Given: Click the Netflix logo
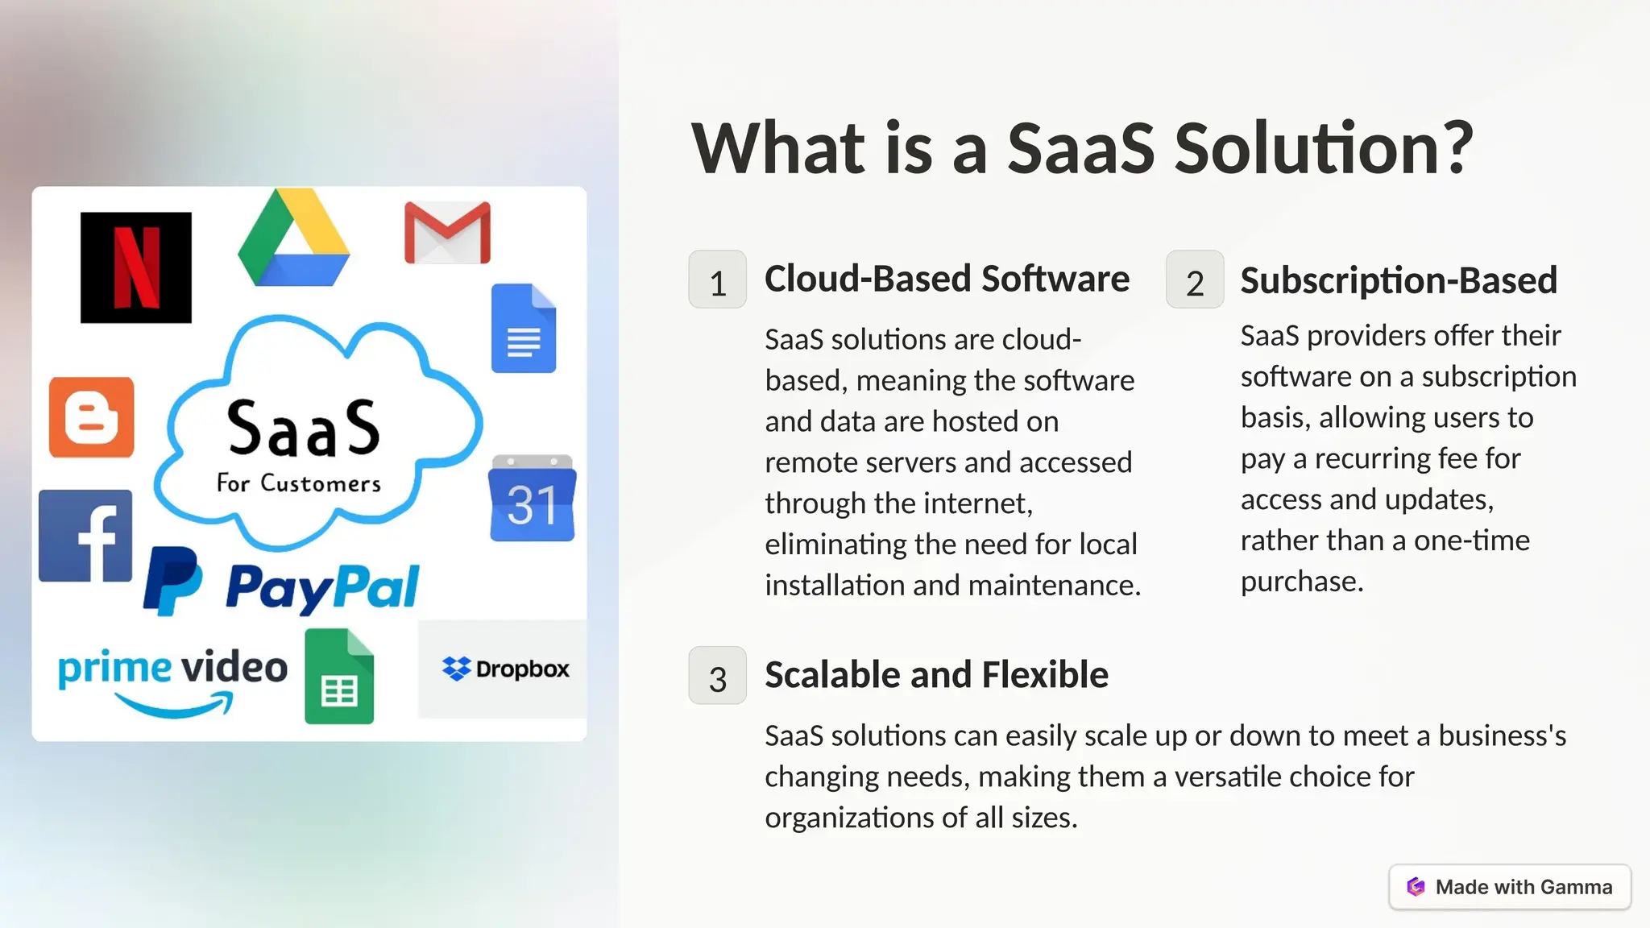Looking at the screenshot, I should point(136,267).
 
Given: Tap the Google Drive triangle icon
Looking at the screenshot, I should point(294,241).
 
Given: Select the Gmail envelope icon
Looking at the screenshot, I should point(447,233).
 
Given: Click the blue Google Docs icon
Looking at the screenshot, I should point(524,329).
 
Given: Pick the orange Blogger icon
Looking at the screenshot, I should point(91,417).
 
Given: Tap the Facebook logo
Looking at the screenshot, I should point(85,536).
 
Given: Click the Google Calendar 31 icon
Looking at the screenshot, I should point(532,499).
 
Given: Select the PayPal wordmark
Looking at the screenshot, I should point(322,586).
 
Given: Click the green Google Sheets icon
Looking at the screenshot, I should point(339,677).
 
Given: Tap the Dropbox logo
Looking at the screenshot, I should point(505,669).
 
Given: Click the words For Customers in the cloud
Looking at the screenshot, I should point(299,483).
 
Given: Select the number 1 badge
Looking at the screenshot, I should point(717,280).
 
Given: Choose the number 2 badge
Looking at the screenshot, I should point(1195,280).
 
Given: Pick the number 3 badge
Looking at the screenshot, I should point(717,676).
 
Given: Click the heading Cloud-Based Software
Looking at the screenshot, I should point(947,279).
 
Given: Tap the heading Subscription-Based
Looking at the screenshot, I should point(1399,280).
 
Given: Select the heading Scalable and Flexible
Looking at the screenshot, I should point(936,675).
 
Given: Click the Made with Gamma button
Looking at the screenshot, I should point(1510,887).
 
